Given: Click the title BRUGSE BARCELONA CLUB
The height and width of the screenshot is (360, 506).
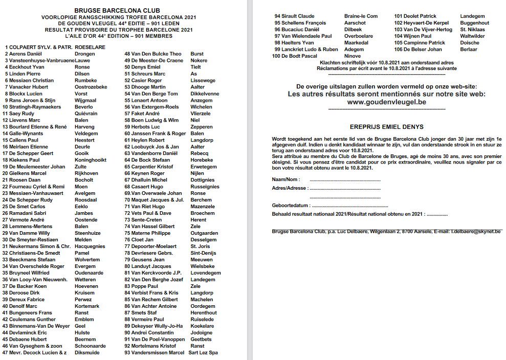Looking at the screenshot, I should (117, 10).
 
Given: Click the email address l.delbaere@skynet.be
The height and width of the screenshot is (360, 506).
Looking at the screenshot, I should (476, 232).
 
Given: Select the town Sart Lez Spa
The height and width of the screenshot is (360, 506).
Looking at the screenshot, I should (203, 352).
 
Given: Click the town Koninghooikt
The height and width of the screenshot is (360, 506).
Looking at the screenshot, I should (91, 160).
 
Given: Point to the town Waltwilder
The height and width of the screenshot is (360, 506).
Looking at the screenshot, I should (472, 36).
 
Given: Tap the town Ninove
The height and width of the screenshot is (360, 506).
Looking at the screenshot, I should (353, 56).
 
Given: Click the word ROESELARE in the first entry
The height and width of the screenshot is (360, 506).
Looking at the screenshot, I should (90, 47).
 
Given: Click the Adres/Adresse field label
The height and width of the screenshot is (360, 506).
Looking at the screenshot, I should (289, 188).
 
